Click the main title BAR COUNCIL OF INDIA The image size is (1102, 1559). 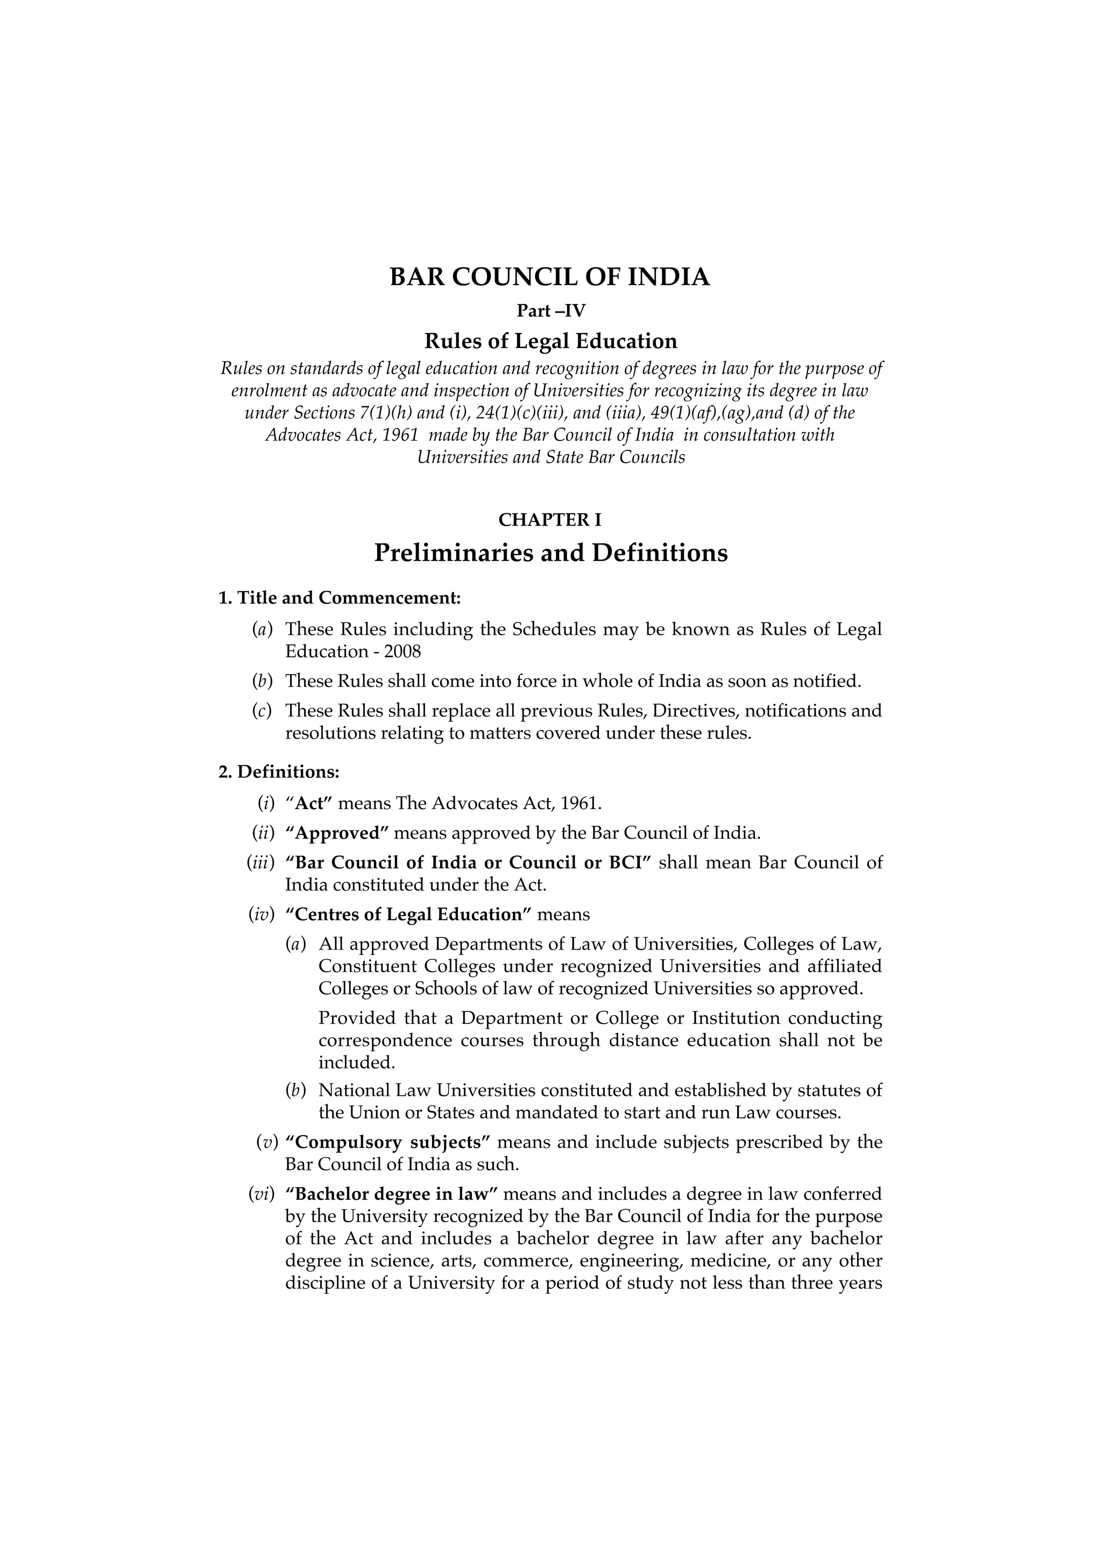[x=550, y=277]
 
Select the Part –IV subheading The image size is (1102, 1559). [x=550, y=311]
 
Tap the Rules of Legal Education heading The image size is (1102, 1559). [x=550, y=341]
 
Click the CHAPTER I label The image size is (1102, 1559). [x=550, y=520]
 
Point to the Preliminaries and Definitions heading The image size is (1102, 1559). [x=550, y=552]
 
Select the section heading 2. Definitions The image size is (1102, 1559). [x=278, y=772]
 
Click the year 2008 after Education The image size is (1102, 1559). [x=402, y=652]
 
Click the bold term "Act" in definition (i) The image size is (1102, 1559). [x=313, y=803]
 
